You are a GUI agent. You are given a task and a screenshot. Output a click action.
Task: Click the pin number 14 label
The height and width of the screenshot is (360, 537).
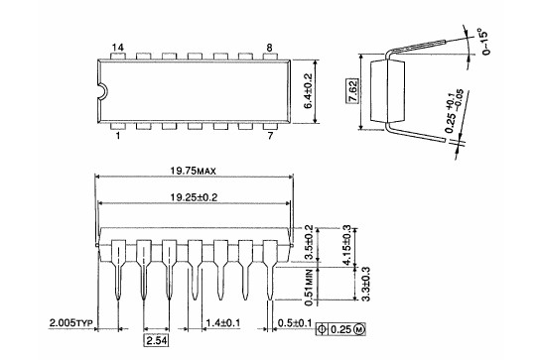pyautogui.click(x=118, y=48)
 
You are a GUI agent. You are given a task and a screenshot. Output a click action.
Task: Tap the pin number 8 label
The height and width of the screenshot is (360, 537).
pyautogui.click(x=269, y=48)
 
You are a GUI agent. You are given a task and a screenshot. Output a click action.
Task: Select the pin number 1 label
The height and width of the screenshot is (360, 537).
pyautogui.click(x=118, y=136)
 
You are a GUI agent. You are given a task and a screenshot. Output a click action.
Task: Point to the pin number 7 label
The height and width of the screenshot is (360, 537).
pyautogui.click(x=270, y=136)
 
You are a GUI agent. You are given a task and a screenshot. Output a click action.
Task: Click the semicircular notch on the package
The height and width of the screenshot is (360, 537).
pyautogui.click(x=104, y=91)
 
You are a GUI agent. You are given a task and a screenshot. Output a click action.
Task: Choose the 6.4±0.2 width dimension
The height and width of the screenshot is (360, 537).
pyautogui.click(x=308, y=91)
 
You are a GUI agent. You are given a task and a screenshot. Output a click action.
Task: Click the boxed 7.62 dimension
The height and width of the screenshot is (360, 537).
pyautogui.click(x=352, y=91)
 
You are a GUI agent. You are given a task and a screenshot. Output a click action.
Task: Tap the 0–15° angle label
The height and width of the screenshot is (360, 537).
pyautogui.click(x=484, y=43)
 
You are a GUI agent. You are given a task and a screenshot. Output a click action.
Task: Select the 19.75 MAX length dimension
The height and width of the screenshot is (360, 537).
pyautogui.click(x=194, y=171)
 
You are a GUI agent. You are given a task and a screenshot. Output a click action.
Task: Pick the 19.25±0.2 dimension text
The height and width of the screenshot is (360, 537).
pyautogui.click(x=194, y=197)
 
